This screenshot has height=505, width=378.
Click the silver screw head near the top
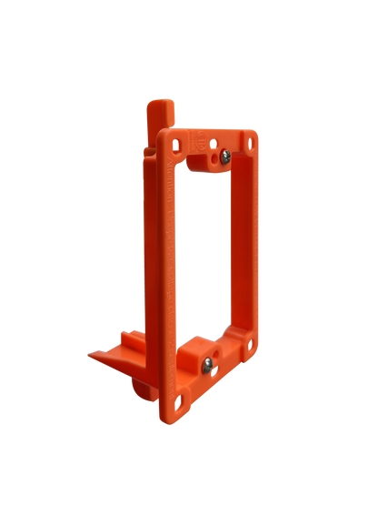(x=220, y=161)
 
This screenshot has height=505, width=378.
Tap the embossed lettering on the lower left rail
(x=166, y=318)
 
